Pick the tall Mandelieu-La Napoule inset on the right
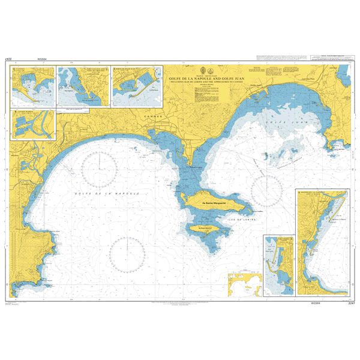[x=322, y=242]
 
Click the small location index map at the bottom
[x=245, y=284]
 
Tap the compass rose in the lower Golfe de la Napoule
[x=127, y=253]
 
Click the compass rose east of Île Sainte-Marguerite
[x=267, y=191]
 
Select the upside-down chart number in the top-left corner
[x=8, y=59]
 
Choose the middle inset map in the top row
[x=82, y=86]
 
